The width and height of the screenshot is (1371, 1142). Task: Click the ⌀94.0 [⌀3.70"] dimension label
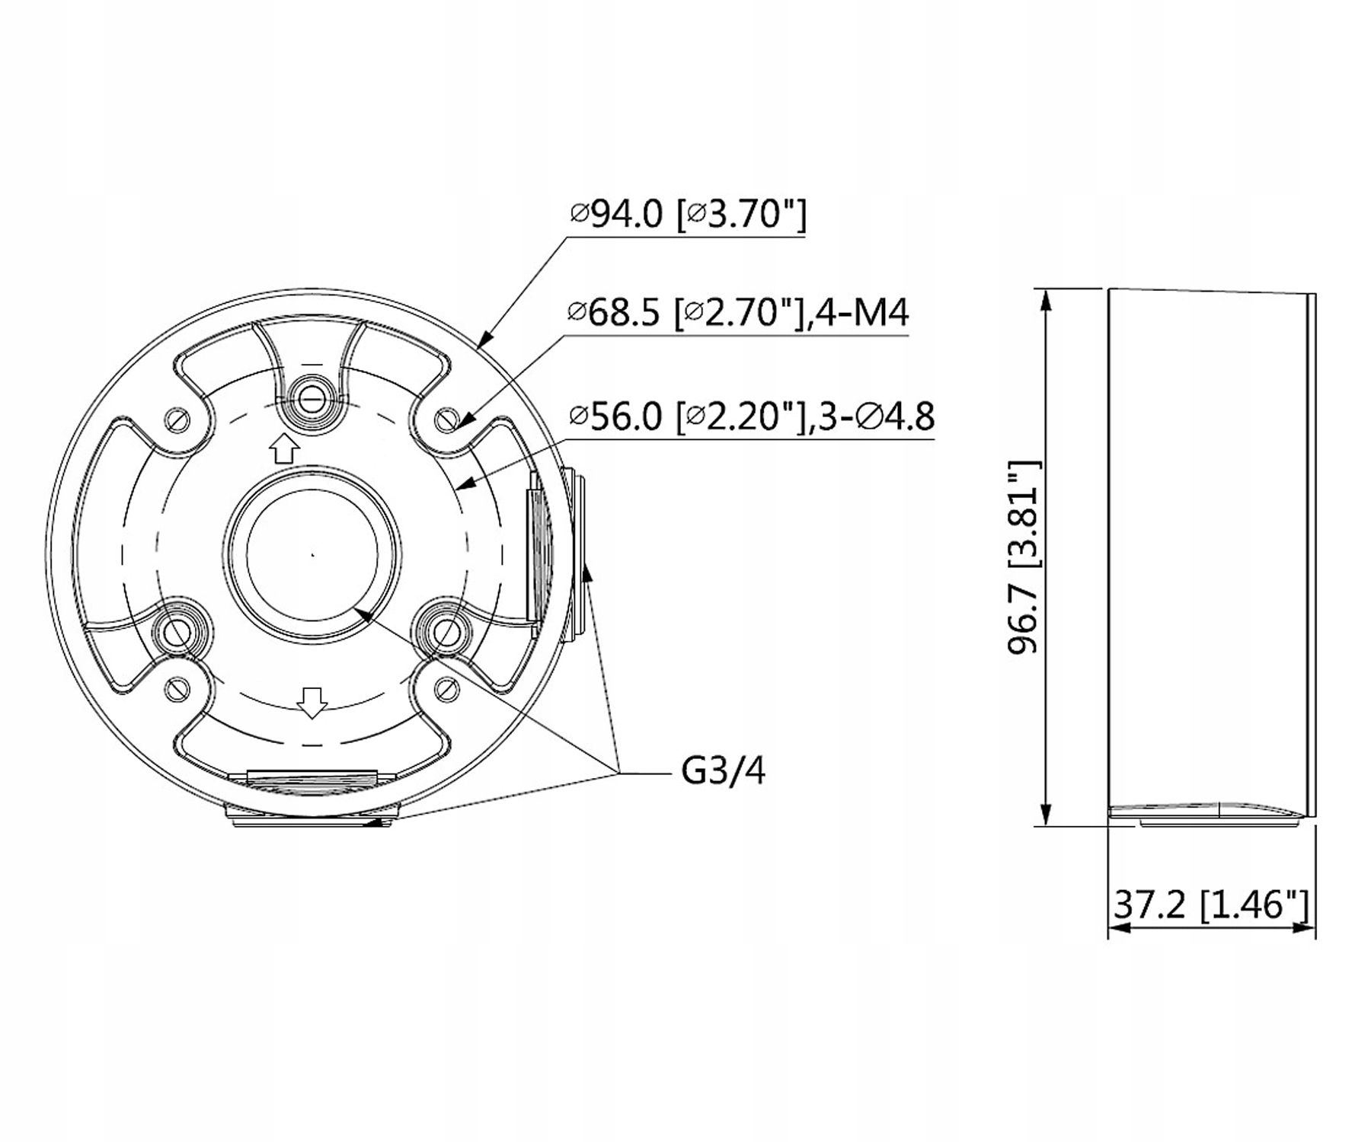688,215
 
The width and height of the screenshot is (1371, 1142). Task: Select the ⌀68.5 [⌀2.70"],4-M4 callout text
738,312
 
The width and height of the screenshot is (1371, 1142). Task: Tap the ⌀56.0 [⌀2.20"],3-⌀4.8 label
752,416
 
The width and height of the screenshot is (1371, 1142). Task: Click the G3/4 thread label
723,771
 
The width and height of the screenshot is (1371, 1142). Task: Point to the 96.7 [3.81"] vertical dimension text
1023,557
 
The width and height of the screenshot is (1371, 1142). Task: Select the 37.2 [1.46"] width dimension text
1211,905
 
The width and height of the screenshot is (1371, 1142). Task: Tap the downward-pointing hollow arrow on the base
312,702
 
